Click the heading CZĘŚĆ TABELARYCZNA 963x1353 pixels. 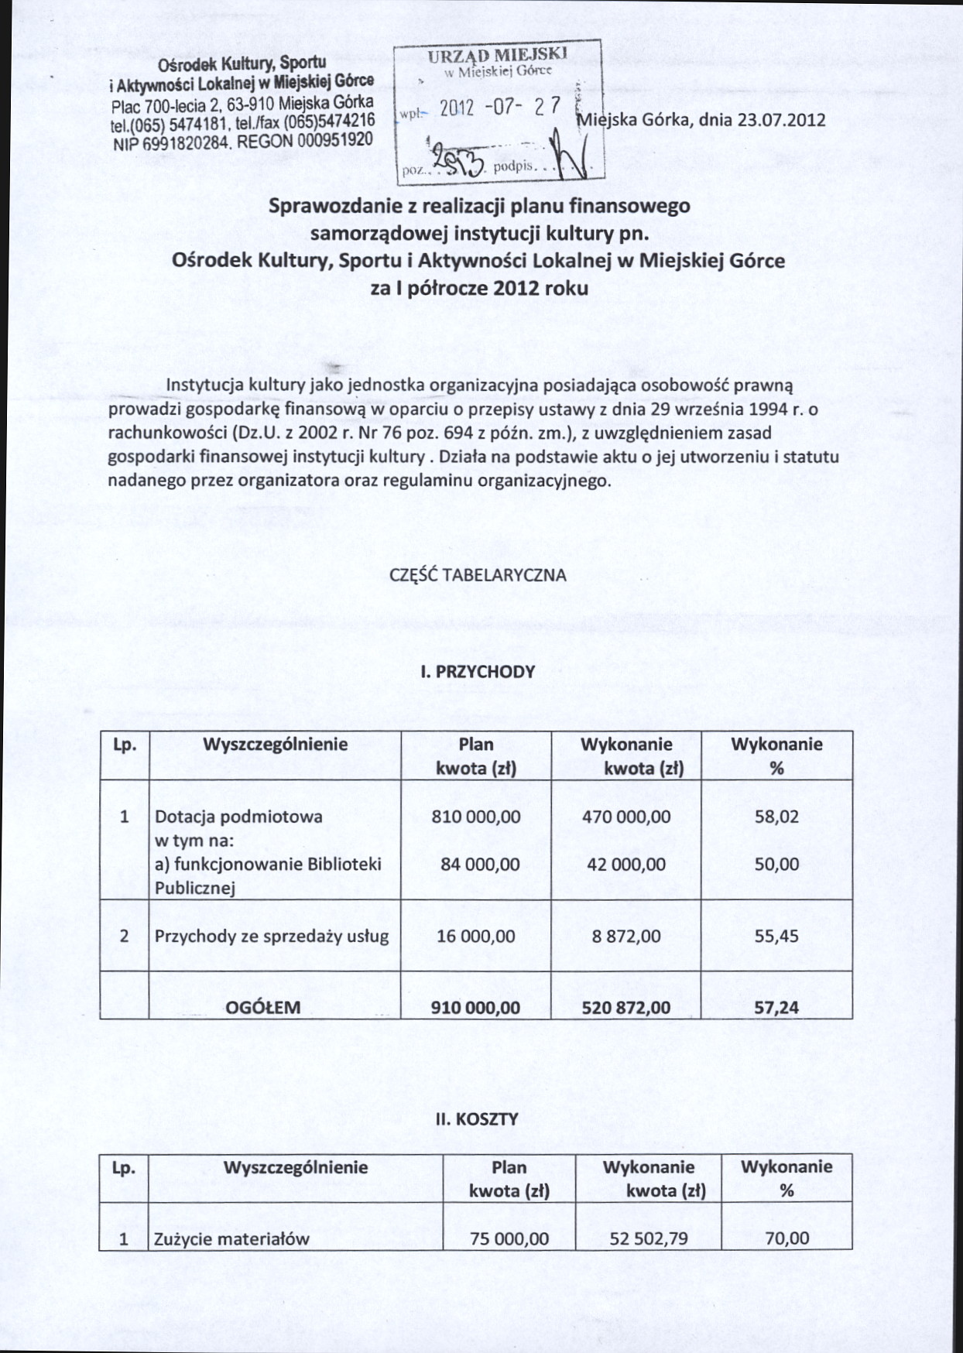tap(478, 575)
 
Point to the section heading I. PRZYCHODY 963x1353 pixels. tap(478, 671)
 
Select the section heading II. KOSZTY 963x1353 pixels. tap(476, 1118)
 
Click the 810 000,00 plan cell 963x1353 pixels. tap(476, 817)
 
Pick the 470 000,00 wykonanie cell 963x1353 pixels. tap(626, 817)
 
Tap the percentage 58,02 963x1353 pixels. tap(776, 817)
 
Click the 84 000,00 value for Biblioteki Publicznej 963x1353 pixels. tap(480, 864)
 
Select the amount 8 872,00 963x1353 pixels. tap(626, 936)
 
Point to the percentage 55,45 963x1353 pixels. tap(776, 936)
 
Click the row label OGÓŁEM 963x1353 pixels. tap(262, 1007)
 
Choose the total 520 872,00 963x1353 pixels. tap(626, 1007)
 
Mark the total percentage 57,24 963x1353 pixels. tap(776, 1007)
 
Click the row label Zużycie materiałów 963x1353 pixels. tap(231, 1238)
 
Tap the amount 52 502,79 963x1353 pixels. tap(649, 1238)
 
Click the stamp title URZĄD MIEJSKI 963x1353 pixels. tap(498, 56)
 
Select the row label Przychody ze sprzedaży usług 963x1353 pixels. tap(271, 936)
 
